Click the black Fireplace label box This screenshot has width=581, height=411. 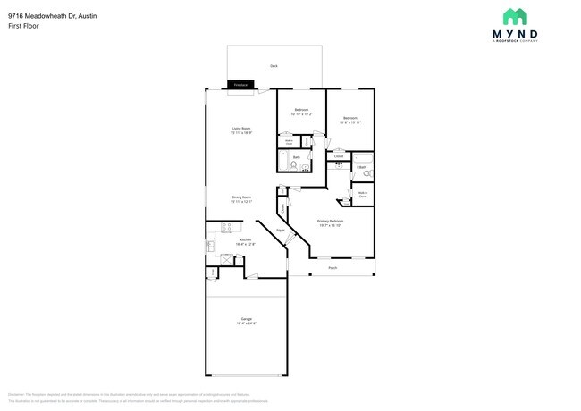coord(240,86)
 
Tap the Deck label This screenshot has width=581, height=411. coord(274,66)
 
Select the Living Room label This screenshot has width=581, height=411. coord(241,130)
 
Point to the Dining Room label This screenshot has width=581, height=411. coord(241,198)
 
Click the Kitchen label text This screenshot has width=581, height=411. coord(245,240)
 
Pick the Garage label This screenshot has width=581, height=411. coord(246,320)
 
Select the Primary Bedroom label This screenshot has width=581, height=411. coord(331,222)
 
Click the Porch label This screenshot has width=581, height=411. coord(333,267)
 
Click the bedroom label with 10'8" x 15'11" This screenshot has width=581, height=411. coord(349,120)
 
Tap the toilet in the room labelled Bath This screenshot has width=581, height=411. coord(305,165)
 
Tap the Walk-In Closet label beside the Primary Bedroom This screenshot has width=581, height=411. coord(364,194)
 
